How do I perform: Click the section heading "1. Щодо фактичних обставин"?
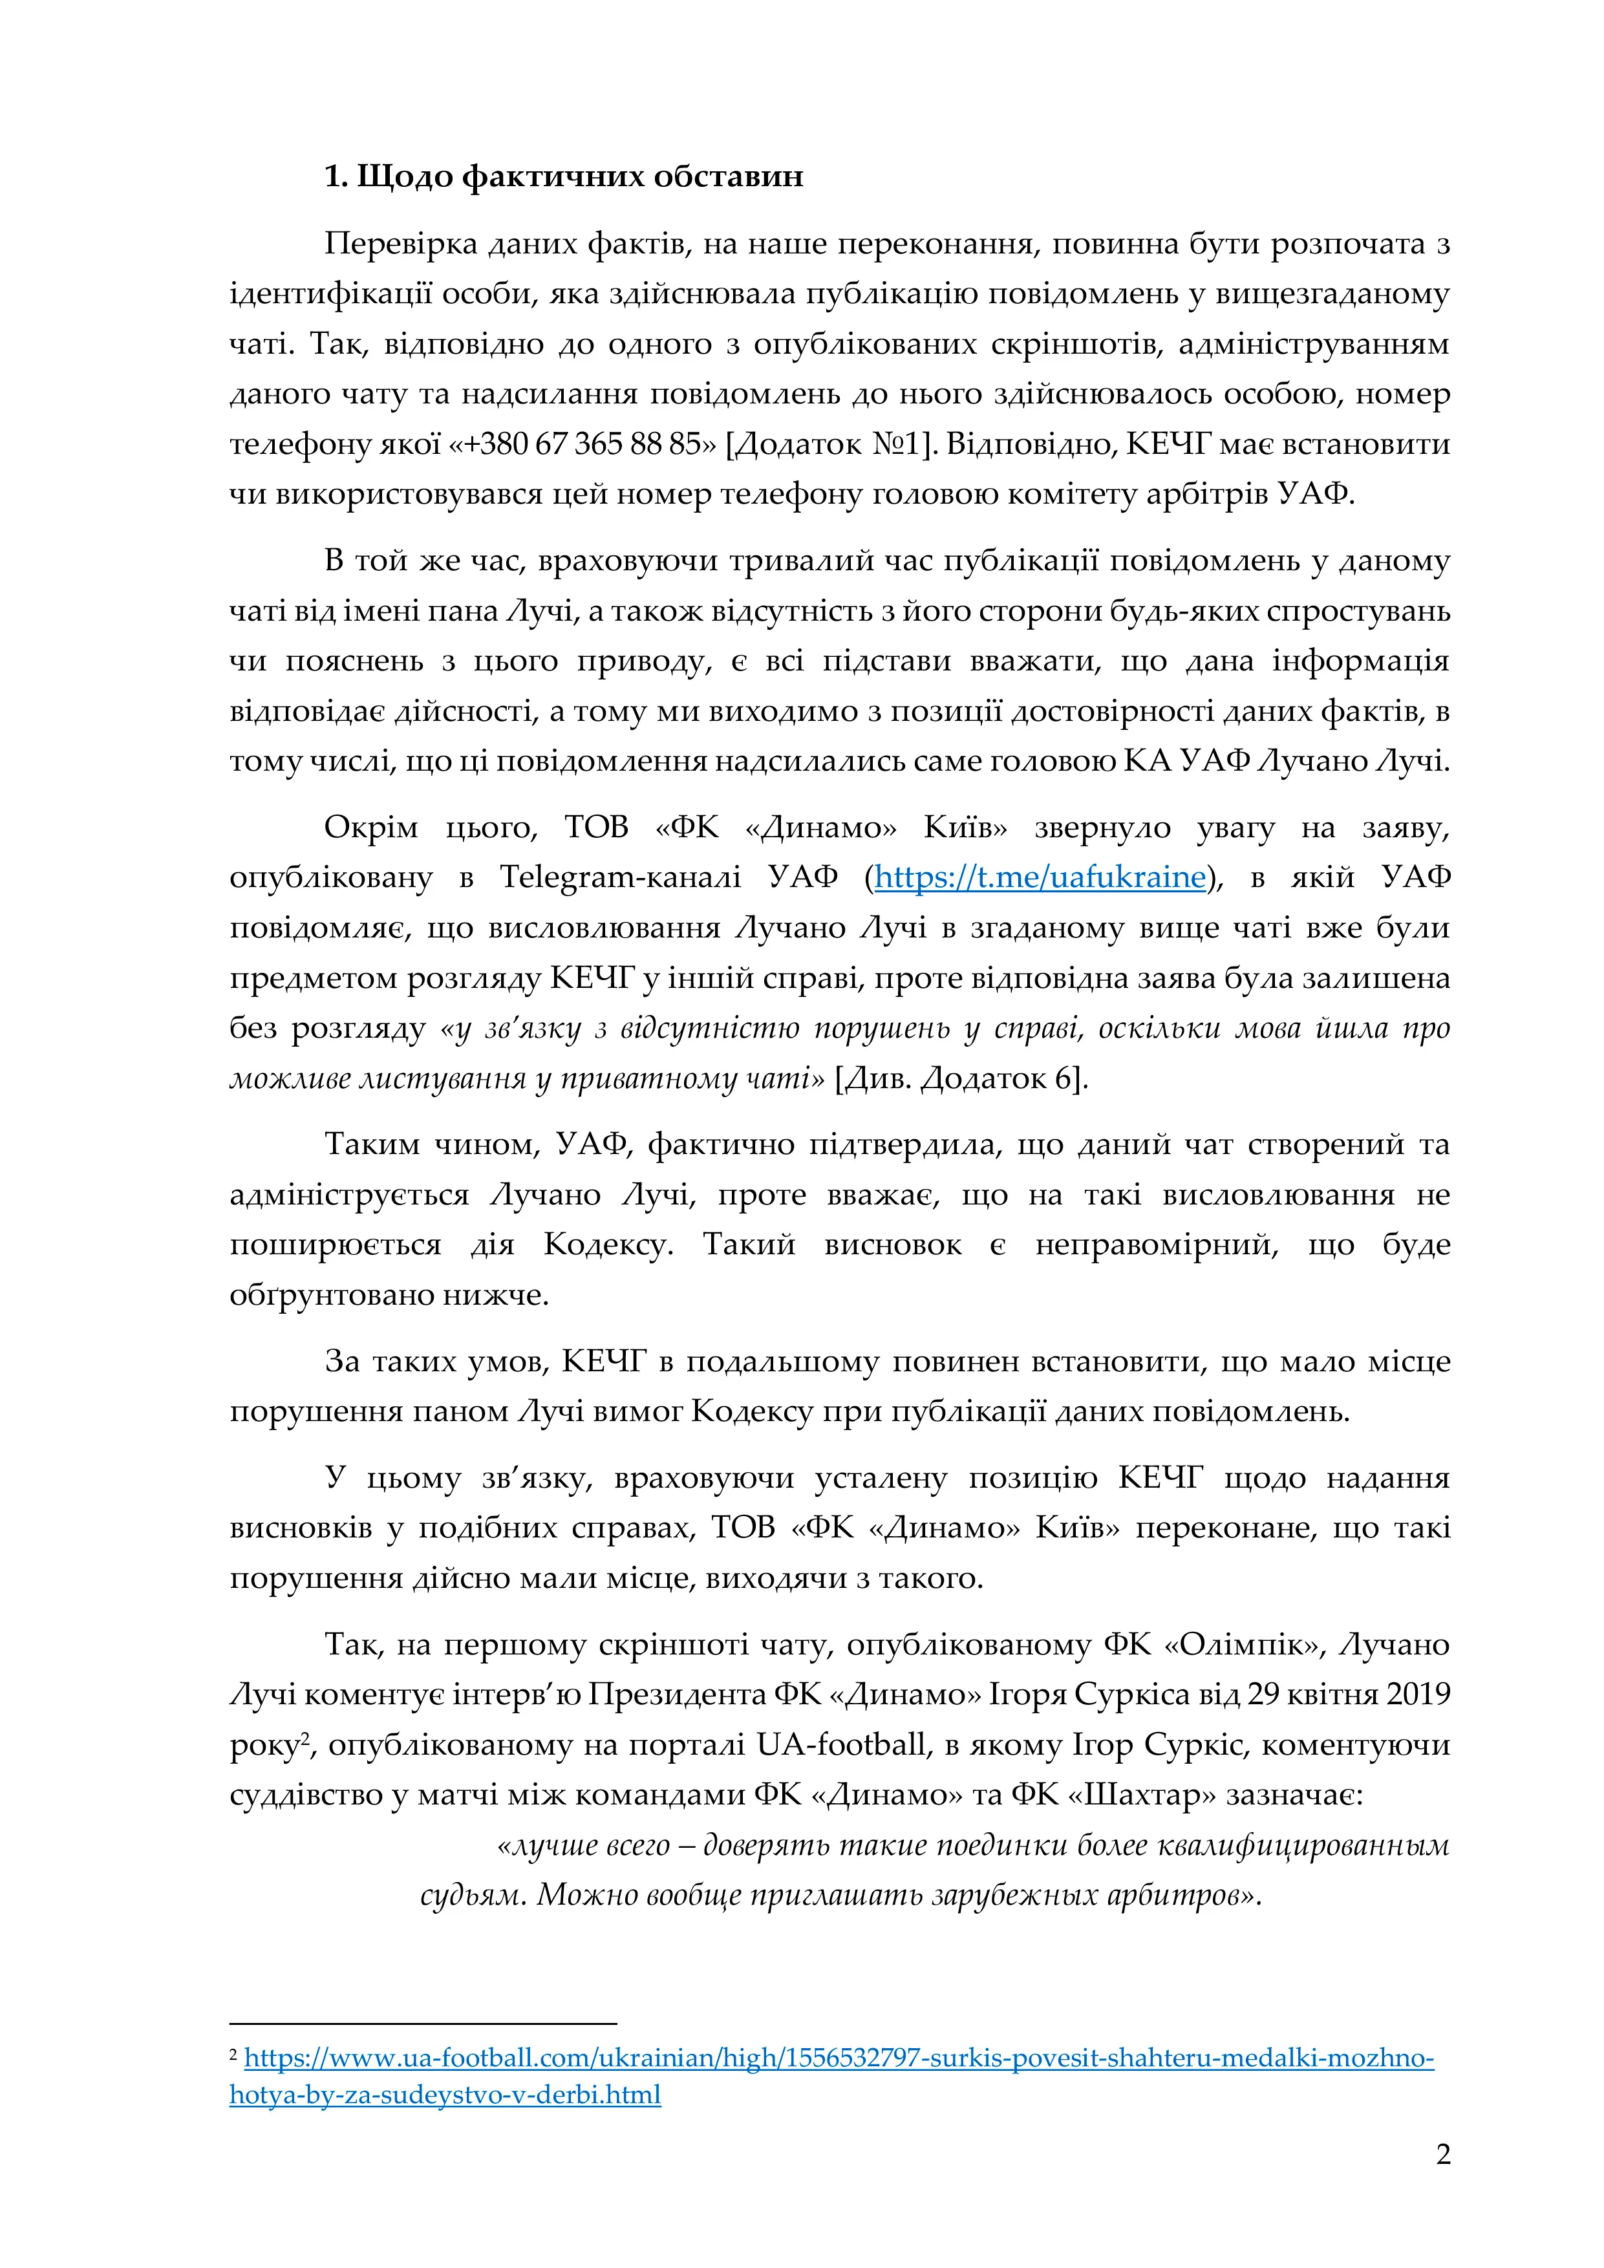pyautogui.click(x=564, y=177)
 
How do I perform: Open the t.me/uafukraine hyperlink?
pyautogui.click(x=1040, y=877)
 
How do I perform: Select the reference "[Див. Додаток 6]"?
pyautogui.click(x=961, y=1078)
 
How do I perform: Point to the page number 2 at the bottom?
pyautogui.click(x=1443, y=2154)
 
